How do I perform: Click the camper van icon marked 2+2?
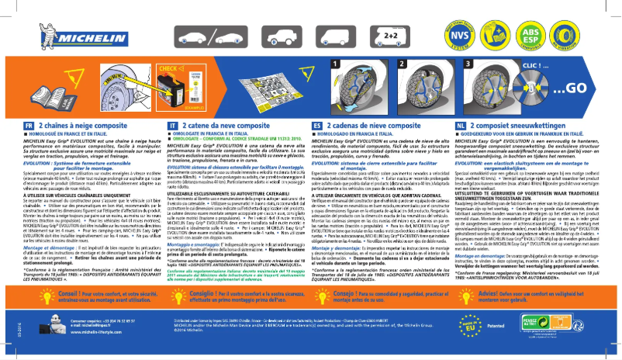(390, 35)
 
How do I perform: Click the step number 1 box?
(337, 64)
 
